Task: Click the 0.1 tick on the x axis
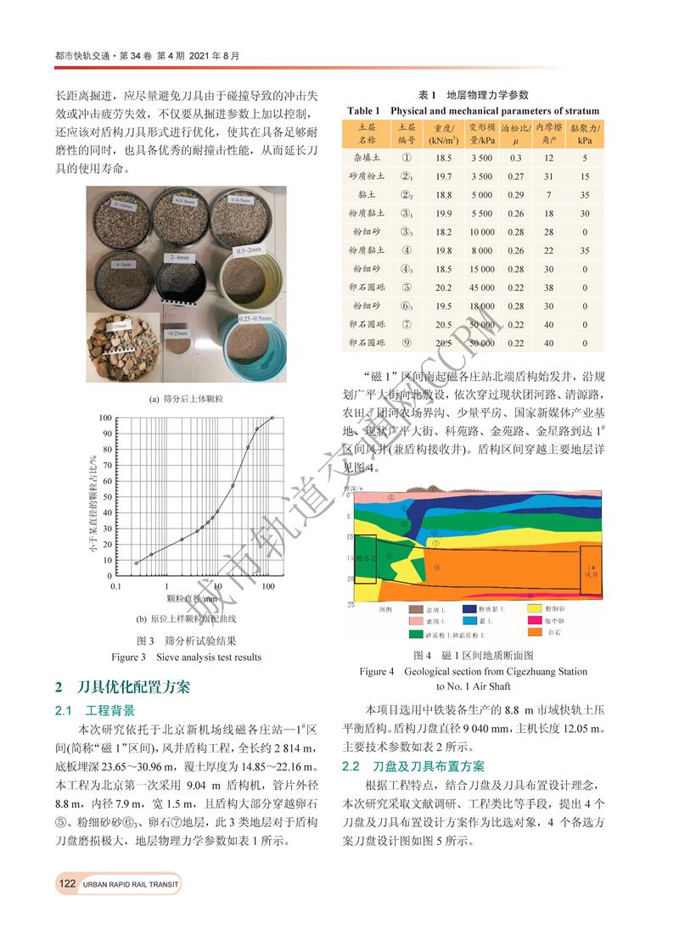(x=115, y=586)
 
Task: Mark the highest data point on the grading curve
(x=272, y=417)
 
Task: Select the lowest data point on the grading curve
(x=136, y=563)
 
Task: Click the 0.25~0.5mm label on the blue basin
(x=230, y=319)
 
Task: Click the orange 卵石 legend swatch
(x=536, y=633)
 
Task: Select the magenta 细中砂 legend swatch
(x=536, y=620)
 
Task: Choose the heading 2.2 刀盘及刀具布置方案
(x=412, y=766)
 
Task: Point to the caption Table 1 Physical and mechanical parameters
(x=474, y=111)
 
